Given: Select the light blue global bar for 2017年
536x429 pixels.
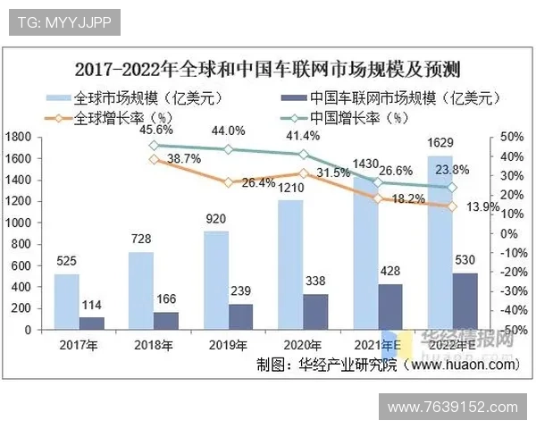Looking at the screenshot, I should coord(66,301).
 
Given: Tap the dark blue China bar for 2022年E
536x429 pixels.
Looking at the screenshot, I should coord(465,301).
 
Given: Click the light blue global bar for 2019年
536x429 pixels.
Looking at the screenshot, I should coord(216,281).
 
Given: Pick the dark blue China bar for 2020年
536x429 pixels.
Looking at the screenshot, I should coord(315,312).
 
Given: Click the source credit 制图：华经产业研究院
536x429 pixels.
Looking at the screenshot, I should coord(326,365).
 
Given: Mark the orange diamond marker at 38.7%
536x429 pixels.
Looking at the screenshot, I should coord(155,160).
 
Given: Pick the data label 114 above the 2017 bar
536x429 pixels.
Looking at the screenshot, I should coord(92,305).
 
